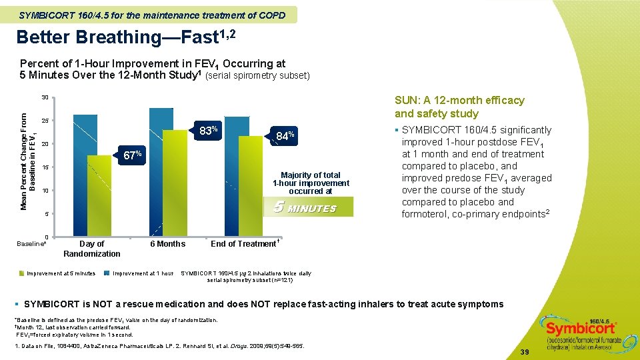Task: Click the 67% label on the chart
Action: tap(132, 156)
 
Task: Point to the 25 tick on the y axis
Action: tap(45, 121)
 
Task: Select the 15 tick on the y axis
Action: tap(45, 167)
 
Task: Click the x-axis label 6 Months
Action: tap(167, 244)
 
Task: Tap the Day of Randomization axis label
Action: tap(92, 249)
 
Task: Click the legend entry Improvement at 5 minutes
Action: tap(61, 273)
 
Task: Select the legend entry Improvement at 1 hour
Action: tap(143, 273)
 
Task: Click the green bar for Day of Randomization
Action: tap(99, 193)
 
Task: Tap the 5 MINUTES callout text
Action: tap(305, 208)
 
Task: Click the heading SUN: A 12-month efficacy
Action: tap(459, 101)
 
